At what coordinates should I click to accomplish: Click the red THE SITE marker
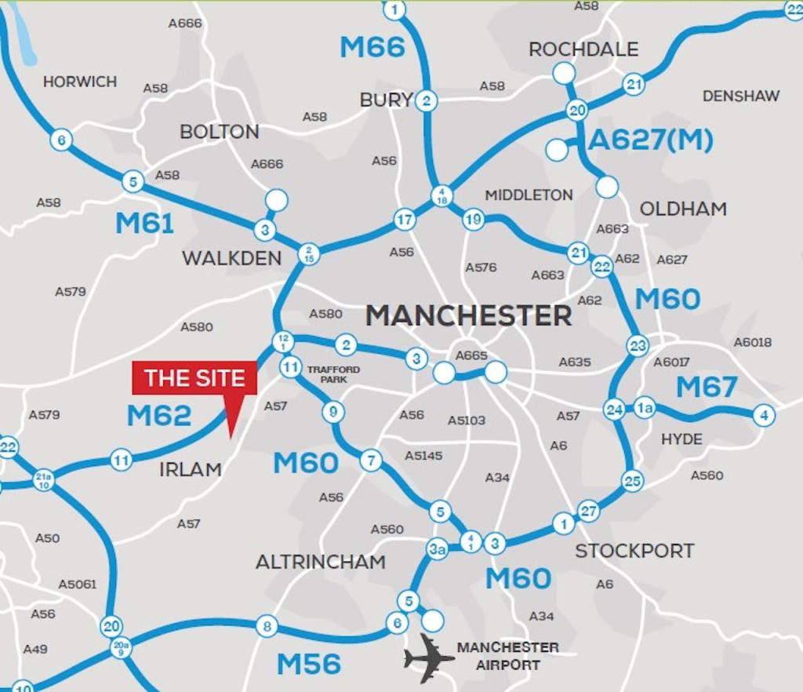pyautogui.click(x=194, y=378)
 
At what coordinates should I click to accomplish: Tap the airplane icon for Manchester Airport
pyautogui.click(x=428, y=656)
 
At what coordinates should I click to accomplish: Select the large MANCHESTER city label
pyautogui.click(x=468, y=315)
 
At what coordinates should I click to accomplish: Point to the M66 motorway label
pyautogui.click(x=372, y=47)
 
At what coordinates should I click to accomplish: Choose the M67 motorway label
pyautogui.click(x=707, y=387)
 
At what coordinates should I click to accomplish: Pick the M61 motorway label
pyautogui.click(x=144, y=224)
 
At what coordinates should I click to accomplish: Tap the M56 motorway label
pyautogui.click(x=308, y=665)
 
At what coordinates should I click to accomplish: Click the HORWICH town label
pyautogui.click(x=80, y=82)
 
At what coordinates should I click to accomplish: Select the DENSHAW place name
pyautogui.click(x=741, y=96)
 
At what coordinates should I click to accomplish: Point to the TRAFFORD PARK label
pyautogui.click(x=333, y=374)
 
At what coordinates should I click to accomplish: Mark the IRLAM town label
pyautogui.click(x=191, y=469)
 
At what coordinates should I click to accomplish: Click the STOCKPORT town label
pyautogui.click(x=634, y=551)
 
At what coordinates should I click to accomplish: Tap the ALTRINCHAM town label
pyautogui.click(x=320, y=562)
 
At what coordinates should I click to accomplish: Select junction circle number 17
pyautogui.click(x=404, y=220)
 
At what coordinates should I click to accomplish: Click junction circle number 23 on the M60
pyautogui.click(x=638, y=345)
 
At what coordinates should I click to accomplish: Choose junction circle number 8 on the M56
pyautogui.click(x=267, y=626)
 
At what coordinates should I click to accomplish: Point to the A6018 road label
pyautogui.click(x=752, y=342)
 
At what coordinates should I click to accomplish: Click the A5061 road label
pyautogui.click(x=78, y=584)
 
